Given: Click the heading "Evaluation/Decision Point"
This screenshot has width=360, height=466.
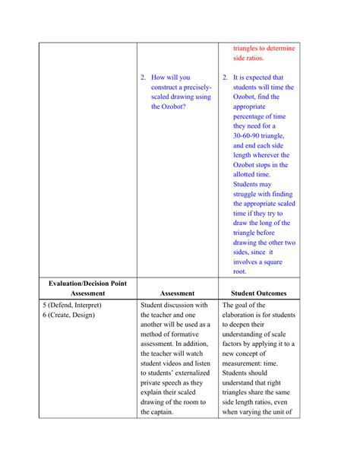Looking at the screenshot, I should pyautogui.click(x=87, y=284).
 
